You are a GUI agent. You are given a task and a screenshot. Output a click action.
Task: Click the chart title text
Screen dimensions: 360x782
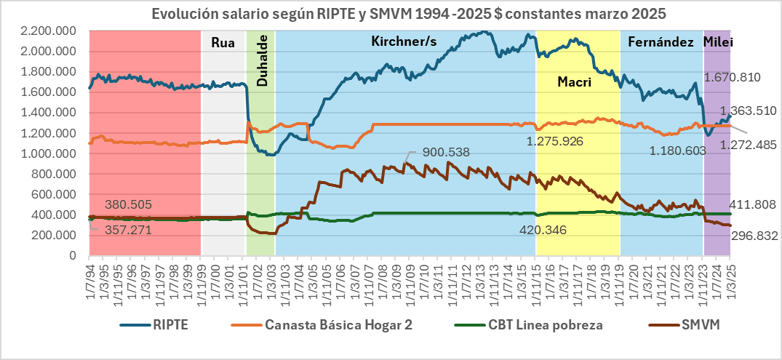tap(391, 14)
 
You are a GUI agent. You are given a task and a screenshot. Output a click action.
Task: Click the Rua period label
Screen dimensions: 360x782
tap(223, 43)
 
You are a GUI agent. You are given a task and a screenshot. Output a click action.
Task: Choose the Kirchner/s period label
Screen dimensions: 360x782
tap(404, 42)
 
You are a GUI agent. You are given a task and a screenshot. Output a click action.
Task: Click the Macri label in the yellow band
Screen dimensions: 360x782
tap(574, 82)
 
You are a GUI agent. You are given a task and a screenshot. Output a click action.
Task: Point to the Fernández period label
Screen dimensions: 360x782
tap(661, 43)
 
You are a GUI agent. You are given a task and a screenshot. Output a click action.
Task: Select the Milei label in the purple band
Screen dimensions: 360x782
tap(718, 43)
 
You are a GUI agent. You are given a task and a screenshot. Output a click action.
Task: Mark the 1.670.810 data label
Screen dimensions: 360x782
tap(732, 77)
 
